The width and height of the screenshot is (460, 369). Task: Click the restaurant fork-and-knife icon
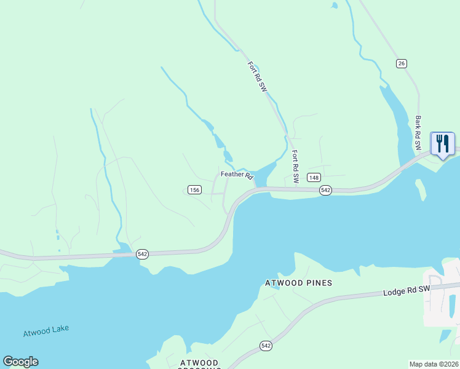443,144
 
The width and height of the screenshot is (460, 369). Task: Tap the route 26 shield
402,63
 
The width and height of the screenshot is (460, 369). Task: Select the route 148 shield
314,178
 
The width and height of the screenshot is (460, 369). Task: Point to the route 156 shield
194,190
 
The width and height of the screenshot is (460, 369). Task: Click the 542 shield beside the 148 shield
326,191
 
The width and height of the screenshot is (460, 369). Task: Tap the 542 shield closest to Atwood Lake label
142,254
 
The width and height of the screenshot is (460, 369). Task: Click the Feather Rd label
237,175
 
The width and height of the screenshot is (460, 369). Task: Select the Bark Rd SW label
418,133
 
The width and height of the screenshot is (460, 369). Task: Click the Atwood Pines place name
298,283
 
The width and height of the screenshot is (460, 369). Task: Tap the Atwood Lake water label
46,330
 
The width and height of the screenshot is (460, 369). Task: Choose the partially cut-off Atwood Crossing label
200,363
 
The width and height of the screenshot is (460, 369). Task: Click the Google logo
20,362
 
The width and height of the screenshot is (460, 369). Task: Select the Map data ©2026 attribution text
434,363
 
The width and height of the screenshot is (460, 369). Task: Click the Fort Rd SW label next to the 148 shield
295,167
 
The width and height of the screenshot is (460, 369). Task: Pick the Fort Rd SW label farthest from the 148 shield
257,76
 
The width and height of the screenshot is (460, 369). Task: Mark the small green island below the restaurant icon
421,189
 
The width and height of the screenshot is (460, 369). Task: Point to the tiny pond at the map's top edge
334,6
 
